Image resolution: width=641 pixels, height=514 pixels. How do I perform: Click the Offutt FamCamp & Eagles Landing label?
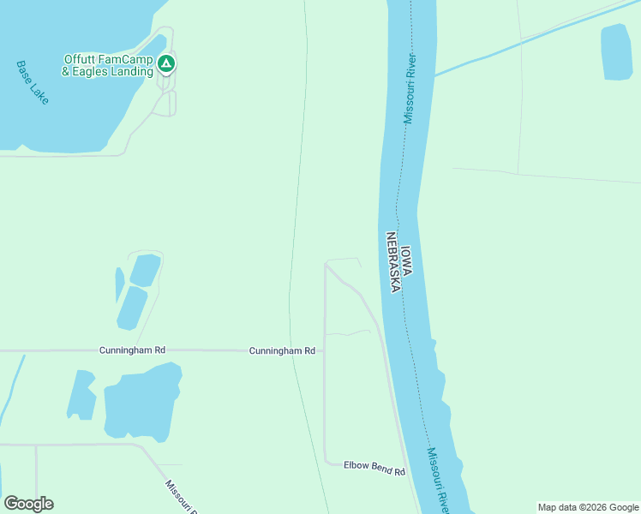coord(110,66)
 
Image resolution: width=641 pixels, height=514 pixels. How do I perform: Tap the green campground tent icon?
coord(167,64)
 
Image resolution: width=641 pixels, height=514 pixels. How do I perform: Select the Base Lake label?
coord(33,82)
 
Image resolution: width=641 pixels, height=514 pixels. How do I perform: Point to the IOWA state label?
coord(407,261)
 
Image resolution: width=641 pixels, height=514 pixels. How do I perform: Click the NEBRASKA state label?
coord(392,262)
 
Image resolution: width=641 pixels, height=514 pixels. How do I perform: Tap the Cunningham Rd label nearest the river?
coord(282,351)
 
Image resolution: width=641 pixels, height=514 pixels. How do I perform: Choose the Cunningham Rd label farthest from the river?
coord(132,350)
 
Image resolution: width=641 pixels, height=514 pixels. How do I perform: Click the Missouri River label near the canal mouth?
coord(410,88)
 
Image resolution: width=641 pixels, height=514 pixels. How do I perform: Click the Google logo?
coord(28,504)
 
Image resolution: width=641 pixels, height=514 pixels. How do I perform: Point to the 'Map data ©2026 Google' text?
coord(588,507)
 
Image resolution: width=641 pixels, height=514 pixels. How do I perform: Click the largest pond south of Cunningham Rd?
coord(141,401)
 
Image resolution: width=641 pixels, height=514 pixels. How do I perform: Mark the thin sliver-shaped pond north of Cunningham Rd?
coord(119,284)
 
